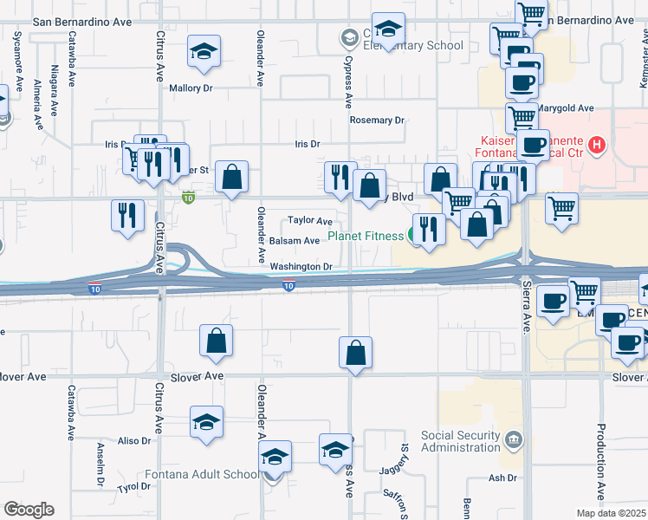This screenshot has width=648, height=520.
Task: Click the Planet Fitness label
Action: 366,236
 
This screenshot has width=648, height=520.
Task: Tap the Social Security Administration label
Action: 461,441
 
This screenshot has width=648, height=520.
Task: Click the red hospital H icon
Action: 595,144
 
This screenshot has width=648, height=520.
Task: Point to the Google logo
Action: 29,510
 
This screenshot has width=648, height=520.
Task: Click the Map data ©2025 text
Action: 612,513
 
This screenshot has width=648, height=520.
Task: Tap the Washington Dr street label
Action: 301,267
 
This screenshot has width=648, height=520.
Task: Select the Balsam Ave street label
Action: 295,241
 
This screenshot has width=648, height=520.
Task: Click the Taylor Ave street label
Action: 311,221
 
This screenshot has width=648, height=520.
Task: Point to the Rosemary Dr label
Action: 377,120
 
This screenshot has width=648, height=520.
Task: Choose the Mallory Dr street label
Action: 191,88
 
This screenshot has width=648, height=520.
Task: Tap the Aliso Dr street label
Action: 134,441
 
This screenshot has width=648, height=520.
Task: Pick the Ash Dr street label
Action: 502,478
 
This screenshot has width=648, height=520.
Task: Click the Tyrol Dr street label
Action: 134,487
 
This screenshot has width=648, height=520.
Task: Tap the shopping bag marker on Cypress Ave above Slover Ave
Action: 355,353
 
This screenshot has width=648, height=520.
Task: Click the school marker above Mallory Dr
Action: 204,52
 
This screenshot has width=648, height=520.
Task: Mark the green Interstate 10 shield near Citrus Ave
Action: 188,198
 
